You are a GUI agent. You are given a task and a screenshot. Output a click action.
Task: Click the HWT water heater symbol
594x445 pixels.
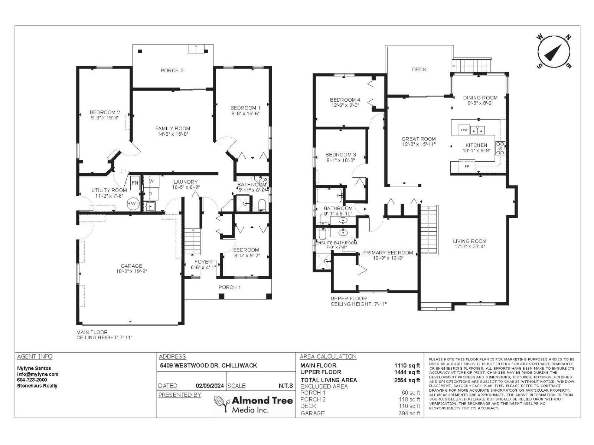coord(133,204)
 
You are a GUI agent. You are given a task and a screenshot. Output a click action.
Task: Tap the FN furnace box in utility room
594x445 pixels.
coord(135,183)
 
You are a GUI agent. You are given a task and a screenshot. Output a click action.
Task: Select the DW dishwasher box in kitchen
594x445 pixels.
coord(464,130)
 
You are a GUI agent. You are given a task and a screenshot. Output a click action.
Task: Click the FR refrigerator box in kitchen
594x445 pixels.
coord(467,166)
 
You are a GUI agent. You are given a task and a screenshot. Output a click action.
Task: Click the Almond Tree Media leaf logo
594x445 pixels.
coord(222,404)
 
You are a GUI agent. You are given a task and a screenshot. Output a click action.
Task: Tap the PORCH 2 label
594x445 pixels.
coord(172,70)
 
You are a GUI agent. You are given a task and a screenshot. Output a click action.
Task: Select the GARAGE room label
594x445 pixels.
coord(131,266)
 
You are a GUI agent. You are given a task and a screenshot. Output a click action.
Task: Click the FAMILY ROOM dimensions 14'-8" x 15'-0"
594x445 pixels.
coord(173,134)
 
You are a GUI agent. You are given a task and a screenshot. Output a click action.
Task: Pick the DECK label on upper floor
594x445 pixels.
coord(419,69)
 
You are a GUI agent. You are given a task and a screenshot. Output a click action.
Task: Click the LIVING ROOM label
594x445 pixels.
coord(470,241)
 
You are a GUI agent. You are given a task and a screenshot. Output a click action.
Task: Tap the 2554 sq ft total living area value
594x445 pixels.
coord(407,380)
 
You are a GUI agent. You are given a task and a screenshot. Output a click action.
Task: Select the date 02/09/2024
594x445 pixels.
coord(210,386)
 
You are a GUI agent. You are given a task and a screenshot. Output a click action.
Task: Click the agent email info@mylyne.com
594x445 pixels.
coord(37,374)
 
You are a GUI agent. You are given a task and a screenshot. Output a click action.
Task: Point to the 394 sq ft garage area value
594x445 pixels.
coord(409,413)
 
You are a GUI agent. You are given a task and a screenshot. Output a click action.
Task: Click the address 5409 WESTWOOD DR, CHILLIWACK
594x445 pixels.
coord(208,365)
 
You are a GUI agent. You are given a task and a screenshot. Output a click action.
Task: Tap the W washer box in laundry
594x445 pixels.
coord(151,181)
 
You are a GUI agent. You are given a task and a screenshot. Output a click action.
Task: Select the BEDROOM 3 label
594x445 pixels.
coord(340,155)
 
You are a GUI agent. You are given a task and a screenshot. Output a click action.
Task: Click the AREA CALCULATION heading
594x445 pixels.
coord(328,356)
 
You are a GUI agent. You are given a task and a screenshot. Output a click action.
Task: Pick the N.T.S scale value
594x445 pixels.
coord(285,386)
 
